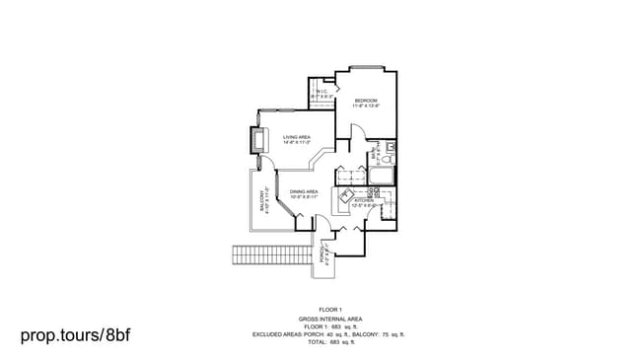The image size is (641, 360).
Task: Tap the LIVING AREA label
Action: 297,137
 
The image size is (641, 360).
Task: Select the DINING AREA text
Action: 303,191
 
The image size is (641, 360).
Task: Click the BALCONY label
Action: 262,200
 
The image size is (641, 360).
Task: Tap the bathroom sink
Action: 391,147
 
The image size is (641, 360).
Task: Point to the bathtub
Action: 381,177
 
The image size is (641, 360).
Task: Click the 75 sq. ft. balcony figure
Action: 392,334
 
